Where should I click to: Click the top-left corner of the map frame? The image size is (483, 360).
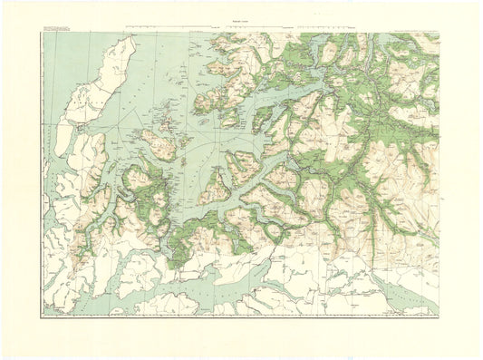point(42,34)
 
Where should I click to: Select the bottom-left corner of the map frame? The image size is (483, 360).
point(42,316)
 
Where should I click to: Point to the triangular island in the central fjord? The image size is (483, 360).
point(217,186)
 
